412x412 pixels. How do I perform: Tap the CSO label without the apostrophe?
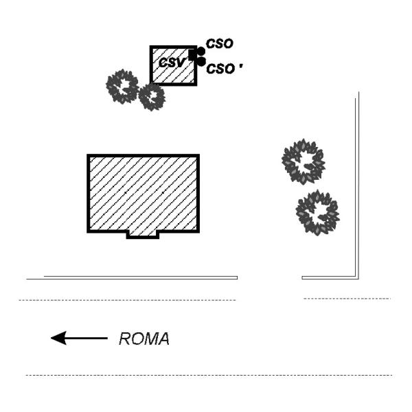[x=220, y=44]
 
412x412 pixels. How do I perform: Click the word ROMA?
[x=144, y=339]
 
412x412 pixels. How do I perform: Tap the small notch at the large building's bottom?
[x=143, y=235]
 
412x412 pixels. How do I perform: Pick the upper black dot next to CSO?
[x=201, y=51]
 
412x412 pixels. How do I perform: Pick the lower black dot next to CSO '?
[x=201, y=62]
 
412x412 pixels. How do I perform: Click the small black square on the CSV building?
[x=193, y=56]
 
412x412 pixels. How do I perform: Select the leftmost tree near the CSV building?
[x=122, y=86]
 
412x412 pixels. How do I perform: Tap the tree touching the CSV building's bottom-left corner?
[x=152, y=97]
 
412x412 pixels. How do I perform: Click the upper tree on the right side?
[x=303, y=161]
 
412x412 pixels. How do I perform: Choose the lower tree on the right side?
[x=317, y=212]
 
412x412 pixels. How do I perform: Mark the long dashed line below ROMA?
[x=206, y=376]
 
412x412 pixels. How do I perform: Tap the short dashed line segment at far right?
[x=347, y=299]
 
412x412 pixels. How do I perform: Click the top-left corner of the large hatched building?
[x=89, y=156]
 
